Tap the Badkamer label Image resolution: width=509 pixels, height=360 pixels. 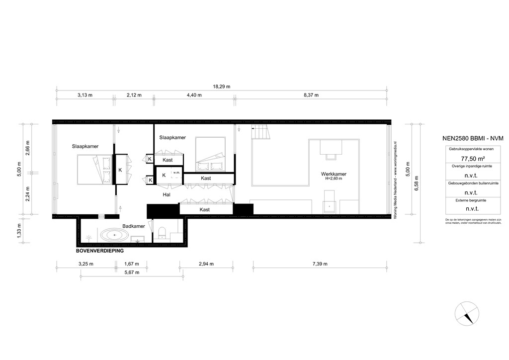[x=134, y=226]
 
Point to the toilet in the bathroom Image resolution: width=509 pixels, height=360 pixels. [x=161, y=233]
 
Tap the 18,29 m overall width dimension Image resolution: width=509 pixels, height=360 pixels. [x=222, y=87]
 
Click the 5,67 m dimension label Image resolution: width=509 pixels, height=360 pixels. [x=132, y=272]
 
